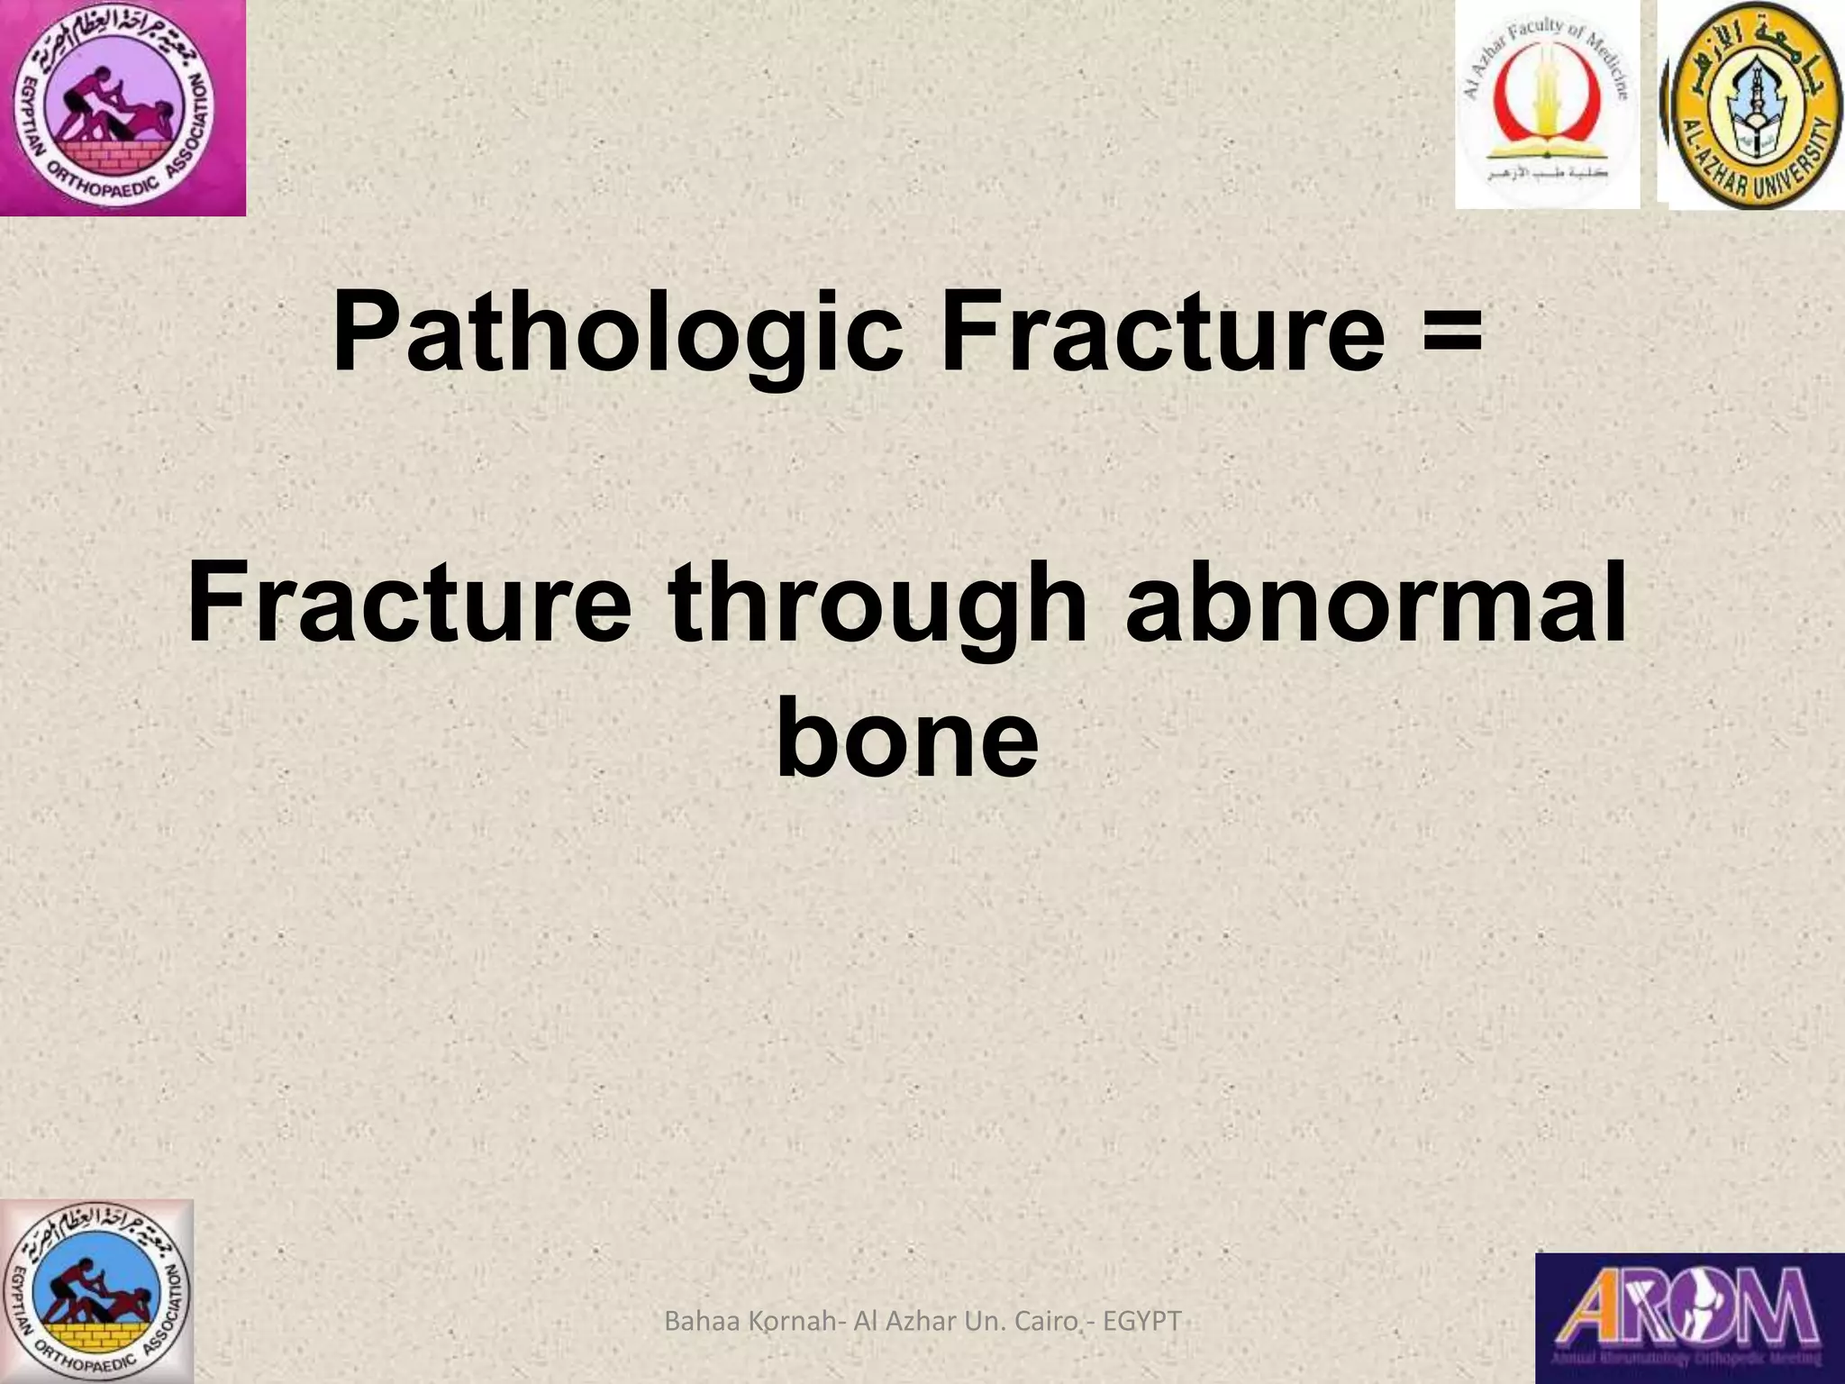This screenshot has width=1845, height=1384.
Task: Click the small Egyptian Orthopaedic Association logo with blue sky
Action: [x=96, y=1291]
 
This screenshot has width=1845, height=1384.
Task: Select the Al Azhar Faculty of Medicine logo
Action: [x=1547, y=105]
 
